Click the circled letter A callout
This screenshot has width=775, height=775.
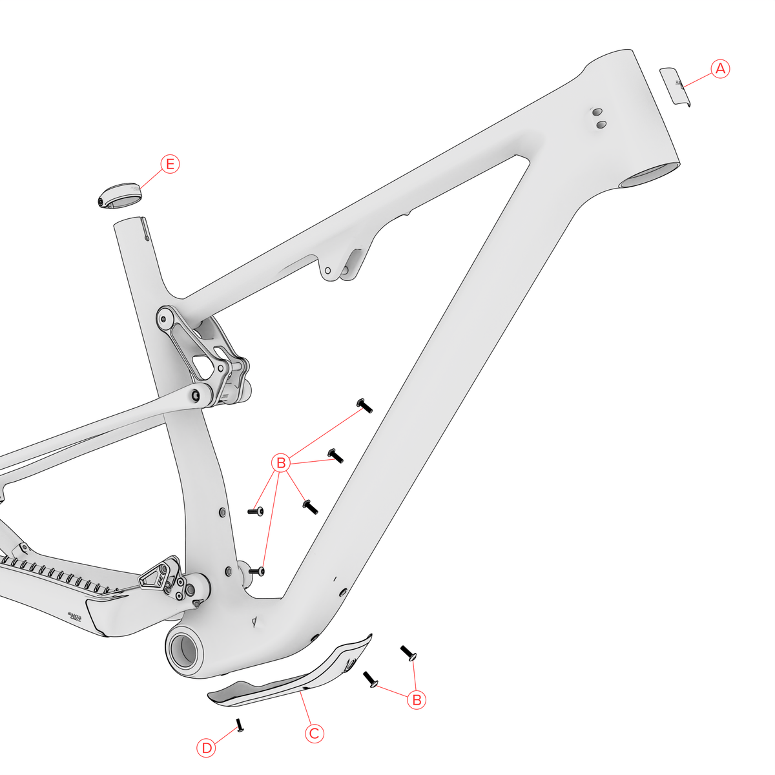pyautogui.click(x=720, y=69)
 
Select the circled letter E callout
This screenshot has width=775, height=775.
pyautogui.click(x=170, y=164)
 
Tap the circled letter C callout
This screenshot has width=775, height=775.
pyautogui.click(x=314, y=734)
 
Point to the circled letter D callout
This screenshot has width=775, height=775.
pyautogui.click(x=206, y=748)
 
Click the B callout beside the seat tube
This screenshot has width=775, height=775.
pyautogui.click(x=281, y=463)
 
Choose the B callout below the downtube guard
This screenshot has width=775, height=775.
pyautogui.click(x=417, y=699)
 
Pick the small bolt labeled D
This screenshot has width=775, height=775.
pyautogui.click(x=240, y=725)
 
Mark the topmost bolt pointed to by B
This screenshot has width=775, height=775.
pyautogui.click(x=365, y=406)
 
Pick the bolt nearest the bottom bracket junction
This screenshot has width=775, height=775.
pyautogui.click(x=257, y=571)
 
